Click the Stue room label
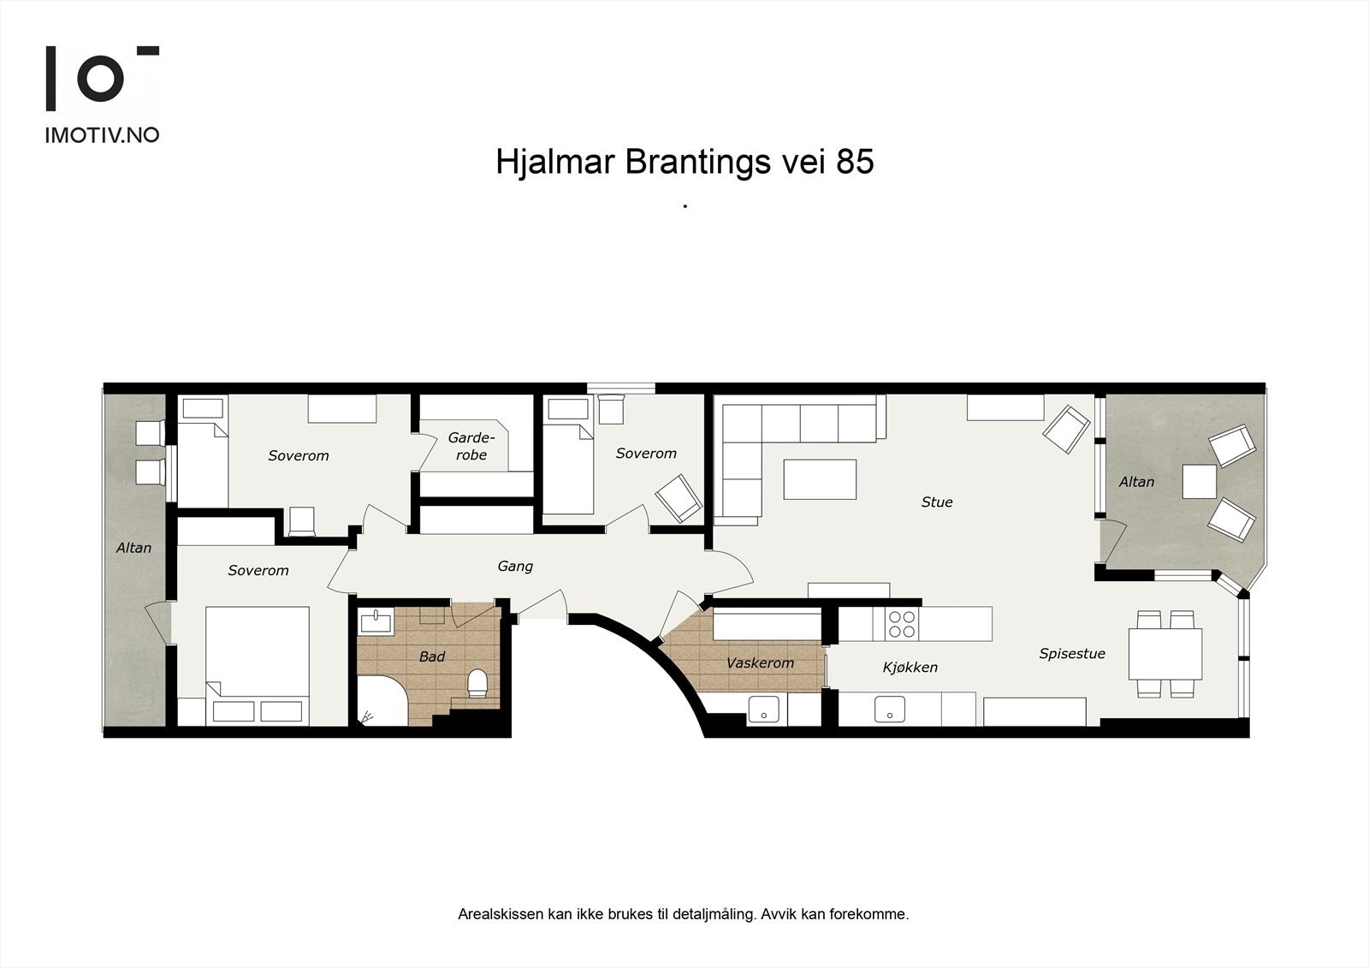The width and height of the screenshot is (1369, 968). point(937,502)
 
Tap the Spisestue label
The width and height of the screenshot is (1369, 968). point(1072,654)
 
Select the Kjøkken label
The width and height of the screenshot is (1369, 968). point(910,668)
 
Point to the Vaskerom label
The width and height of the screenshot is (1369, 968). point(760,663)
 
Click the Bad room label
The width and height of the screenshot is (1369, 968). point(432,657)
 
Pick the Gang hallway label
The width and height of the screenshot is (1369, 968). point(515,567)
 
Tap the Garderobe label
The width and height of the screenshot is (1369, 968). point(471,447)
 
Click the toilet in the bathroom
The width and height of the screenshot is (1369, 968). point(477,682)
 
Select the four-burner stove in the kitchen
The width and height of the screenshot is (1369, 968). point(902,624)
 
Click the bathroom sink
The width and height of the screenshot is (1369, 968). point(376,621)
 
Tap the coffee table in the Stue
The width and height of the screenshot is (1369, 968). point(820,479)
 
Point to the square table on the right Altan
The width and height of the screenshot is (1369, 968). point(1199,481)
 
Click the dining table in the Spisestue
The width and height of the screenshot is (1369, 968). point(1165,653)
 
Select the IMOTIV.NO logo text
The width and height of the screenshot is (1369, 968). point(102,135)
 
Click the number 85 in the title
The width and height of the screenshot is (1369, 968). point(855,162)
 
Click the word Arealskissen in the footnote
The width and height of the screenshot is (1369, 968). point(501,914)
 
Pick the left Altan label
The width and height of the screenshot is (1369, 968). point(134,548)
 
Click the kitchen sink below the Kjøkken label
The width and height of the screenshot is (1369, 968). point(890,709)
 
